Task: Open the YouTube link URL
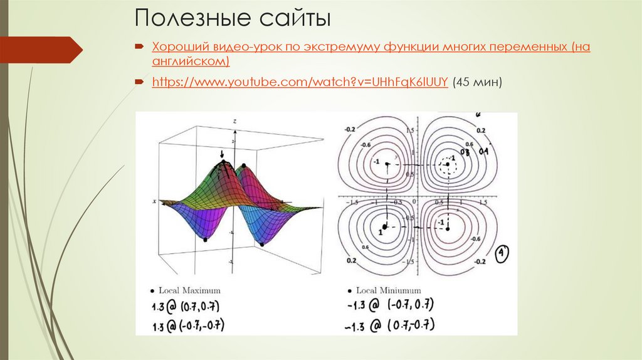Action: point(300,82)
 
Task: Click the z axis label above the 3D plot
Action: point(234,120)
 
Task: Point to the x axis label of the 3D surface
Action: point(154,201)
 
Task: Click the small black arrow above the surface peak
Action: point(221,153)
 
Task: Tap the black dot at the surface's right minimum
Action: point(261,243)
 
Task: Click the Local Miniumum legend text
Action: point(389,291)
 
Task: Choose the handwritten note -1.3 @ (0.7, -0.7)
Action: point(389,325)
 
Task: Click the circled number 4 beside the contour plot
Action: point(502,254)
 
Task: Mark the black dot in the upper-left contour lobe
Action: point(387,164)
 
